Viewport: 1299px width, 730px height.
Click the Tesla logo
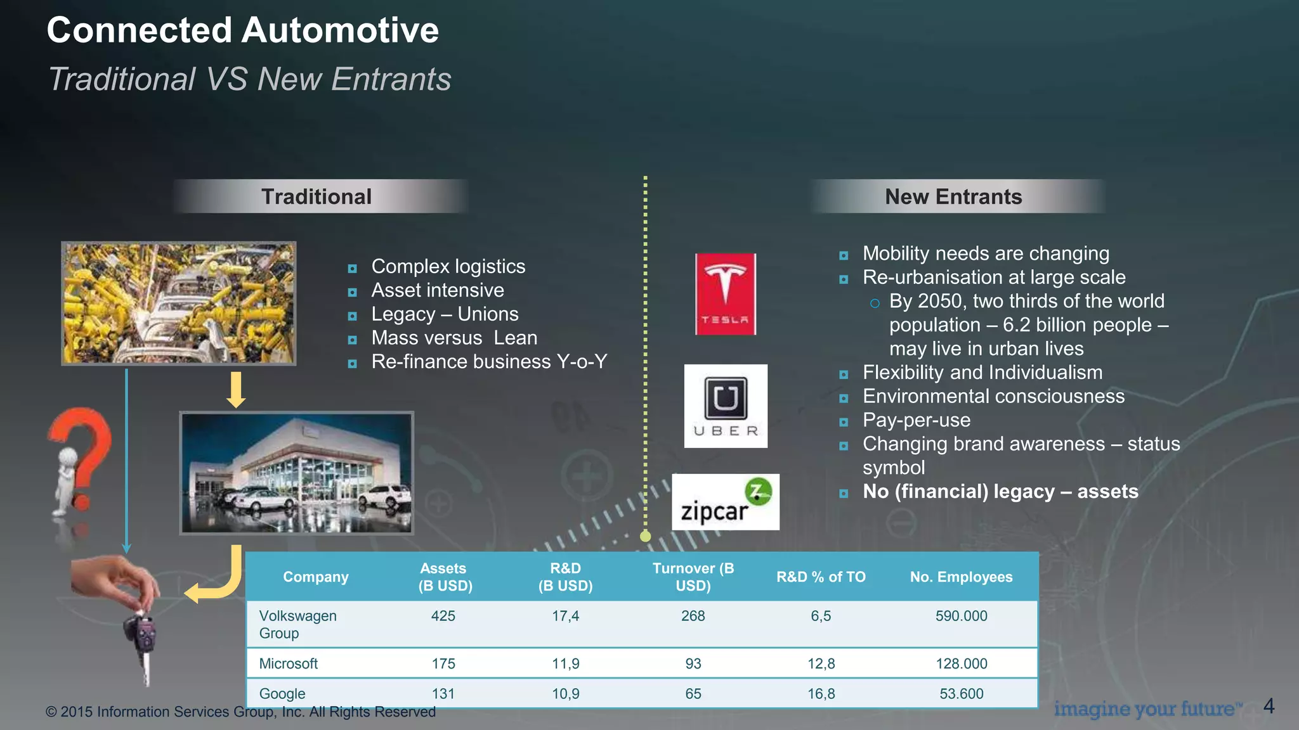(x=726, y=294)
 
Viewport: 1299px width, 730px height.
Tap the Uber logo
(x=726, y=406)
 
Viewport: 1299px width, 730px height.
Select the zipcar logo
(x=726, y=502)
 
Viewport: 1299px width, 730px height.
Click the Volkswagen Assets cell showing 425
(x=443, y=616)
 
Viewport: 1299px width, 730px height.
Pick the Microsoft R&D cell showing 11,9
(x=565, y=663)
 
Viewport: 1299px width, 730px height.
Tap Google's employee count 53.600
(x=961, y=694)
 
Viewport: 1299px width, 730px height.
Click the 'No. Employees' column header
(x=961, y=577)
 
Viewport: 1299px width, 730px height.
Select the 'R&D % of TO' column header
(x=821, y=577)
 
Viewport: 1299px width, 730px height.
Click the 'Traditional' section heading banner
(x=317, y=196)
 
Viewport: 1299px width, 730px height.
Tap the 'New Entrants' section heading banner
(x=953, y=196)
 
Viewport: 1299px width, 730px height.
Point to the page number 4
(x=1269, y=706)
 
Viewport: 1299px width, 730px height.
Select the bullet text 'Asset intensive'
(x=438, y=290)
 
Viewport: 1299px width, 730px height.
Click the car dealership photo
(x=297, y=473)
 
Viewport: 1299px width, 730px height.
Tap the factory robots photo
(x=179, y=303)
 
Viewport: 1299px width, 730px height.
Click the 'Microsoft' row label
(x=288, y=663)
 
